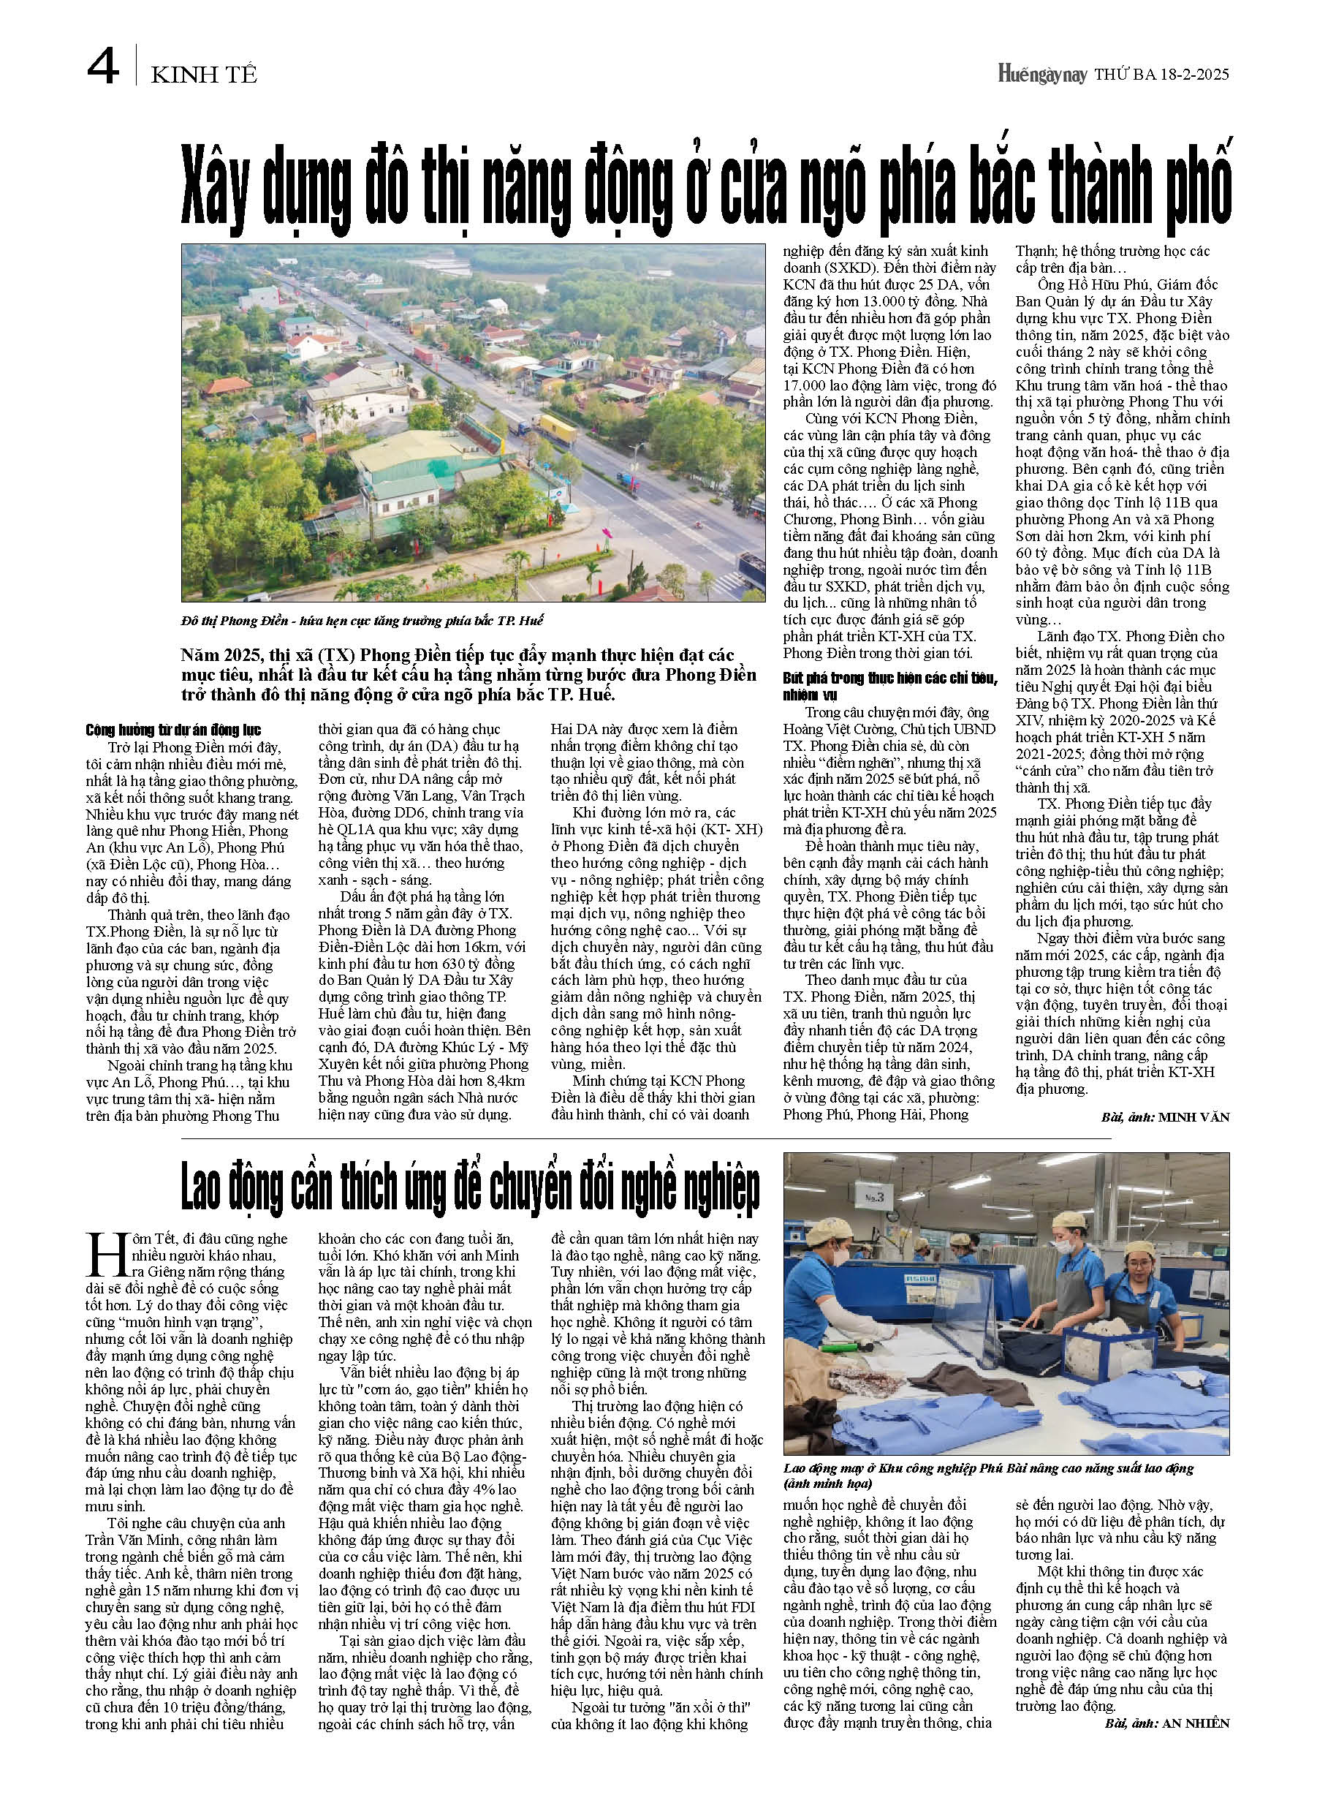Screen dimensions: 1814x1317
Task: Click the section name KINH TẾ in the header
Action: coord(204,75)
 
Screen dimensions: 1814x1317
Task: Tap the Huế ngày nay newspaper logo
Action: coord(1042,75)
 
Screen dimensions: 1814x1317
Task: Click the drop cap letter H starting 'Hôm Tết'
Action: coord(104,1255)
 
